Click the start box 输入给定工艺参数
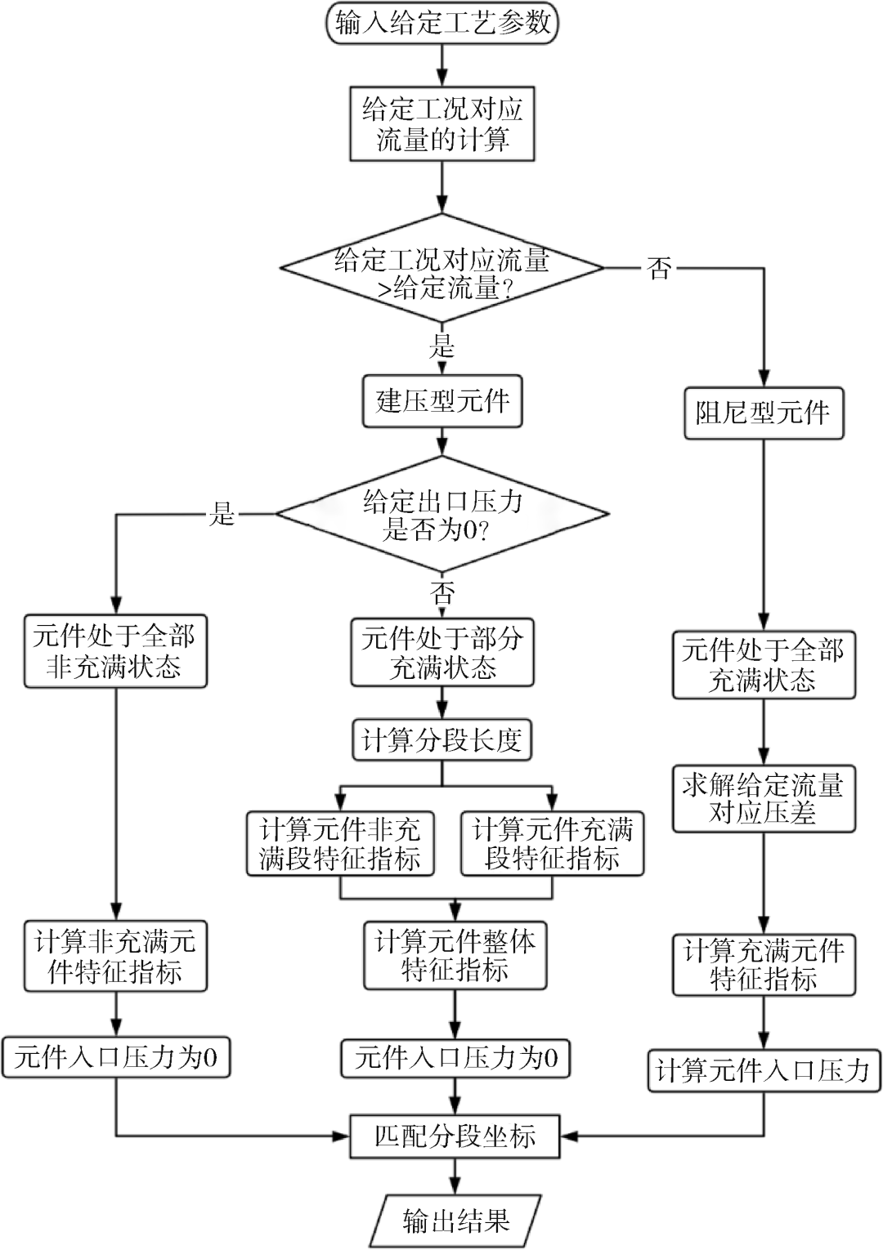(x=441, y=23)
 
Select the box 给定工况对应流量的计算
(x=441, y=123)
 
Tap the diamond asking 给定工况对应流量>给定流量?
(x=441, y=268)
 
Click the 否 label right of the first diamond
(x=659, y=267)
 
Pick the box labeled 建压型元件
(x=441, y=401)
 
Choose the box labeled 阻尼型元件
(x=763, y=413)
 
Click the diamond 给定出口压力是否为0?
(x=441, y=515)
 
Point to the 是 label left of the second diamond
(x=222, y=514)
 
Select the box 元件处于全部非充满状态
(x=114, y=651)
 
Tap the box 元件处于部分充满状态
(x=441, y=653)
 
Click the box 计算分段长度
(x=441, y=740)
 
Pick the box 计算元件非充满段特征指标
(x=340, y=844)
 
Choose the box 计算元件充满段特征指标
(x=552, y=844)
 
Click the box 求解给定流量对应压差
(x=763, y=798)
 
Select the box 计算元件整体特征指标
(x=455, y=955)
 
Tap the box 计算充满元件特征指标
(x=763, y=964)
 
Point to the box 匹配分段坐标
(x=455, y=1136)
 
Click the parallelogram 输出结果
(x=455, y=1221)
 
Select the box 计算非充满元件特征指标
(x=114, y=957)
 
